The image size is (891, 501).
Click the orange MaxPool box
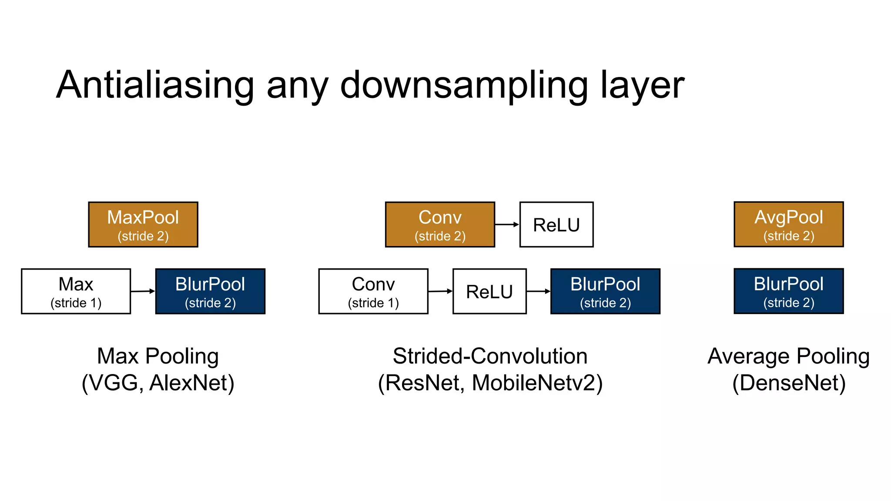[143, 224]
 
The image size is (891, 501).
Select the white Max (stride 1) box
[76, 291]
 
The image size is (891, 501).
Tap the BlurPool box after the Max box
[210, 291]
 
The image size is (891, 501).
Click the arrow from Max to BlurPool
[143, 291]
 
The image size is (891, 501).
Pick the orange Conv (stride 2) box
[440, 224]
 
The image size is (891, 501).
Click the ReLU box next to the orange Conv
[556, 224]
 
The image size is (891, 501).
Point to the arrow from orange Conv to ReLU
[507, 224]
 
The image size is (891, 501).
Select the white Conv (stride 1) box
[373, 291]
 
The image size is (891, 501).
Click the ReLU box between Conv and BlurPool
[489, 291]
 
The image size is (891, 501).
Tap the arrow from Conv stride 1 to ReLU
[440, 291]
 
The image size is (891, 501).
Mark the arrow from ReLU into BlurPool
[538, 291]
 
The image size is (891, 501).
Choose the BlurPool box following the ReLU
[605, 291]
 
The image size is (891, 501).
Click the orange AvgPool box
[788, 224]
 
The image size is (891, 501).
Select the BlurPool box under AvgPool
[788, 291]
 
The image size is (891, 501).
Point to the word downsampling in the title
[464, 85]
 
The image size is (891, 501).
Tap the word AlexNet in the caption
[191, 383]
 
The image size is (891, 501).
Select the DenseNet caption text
[789, 383]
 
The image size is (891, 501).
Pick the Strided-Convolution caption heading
[490, 356]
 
